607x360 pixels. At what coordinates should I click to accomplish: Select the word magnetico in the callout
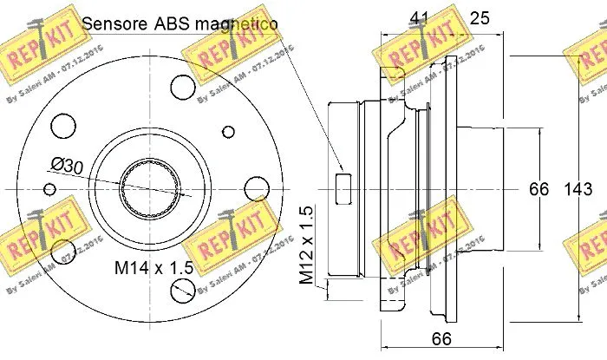pos(235,23)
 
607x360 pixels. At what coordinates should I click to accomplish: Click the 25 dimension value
pos(480,16)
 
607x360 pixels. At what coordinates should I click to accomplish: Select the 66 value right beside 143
pos(539,188)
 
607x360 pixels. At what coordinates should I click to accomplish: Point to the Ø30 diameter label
pos(66,163)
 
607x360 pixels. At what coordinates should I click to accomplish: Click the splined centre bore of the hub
pos(152,187)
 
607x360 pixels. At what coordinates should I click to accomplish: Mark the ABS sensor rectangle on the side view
pos(342,187)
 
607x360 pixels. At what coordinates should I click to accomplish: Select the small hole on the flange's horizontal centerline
pos(50,188)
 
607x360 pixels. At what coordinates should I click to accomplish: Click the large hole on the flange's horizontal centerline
pos(257,189)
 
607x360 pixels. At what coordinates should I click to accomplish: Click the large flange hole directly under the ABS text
pos(182,86)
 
